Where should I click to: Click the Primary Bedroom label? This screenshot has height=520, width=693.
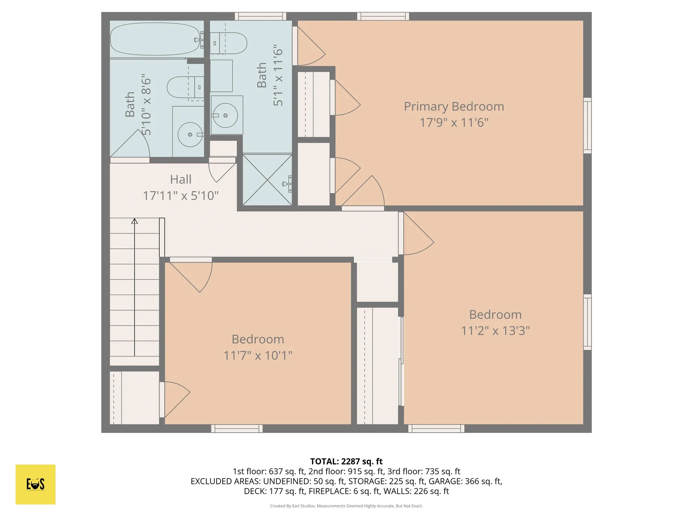tap(454, 107)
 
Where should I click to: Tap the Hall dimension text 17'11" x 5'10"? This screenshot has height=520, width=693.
tap(181, 196)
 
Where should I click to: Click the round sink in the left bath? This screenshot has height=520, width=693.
tap(190, 134)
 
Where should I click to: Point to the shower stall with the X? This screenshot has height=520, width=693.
tap(267, 179)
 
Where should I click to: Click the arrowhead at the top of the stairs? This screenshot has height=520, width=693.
tap(135, 221)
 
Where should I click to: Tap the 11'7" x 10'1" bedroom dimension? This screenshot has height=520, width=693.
tap(258, 356)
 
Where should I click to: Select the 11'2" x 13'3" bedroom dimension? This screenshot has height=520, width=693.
tap(495, 331)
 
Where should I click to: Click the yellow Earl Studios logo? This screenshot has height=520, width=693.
tap(35, 484)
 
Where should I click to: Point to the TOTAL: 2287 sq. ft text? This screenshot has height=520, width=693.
tap(346, 461)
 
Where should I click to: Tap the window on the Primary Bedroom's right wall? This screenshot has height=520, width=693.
tap(588, 126)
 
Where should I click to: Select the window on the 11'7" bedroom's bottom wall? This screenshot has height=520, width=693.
tap(237, 429)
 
